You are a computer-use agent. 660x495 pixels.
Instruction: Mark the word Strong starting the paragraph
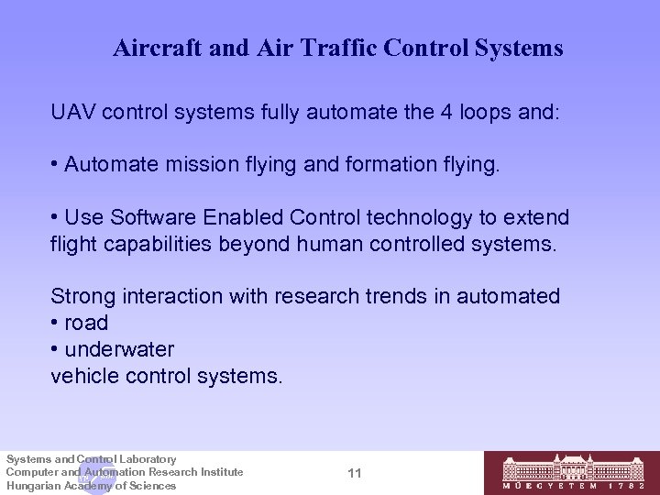pyautogui.click(x=80, y=297)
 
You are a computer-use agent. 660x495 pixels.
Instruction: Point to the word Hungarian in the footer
pyautogui.click(x=31, y=485)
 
